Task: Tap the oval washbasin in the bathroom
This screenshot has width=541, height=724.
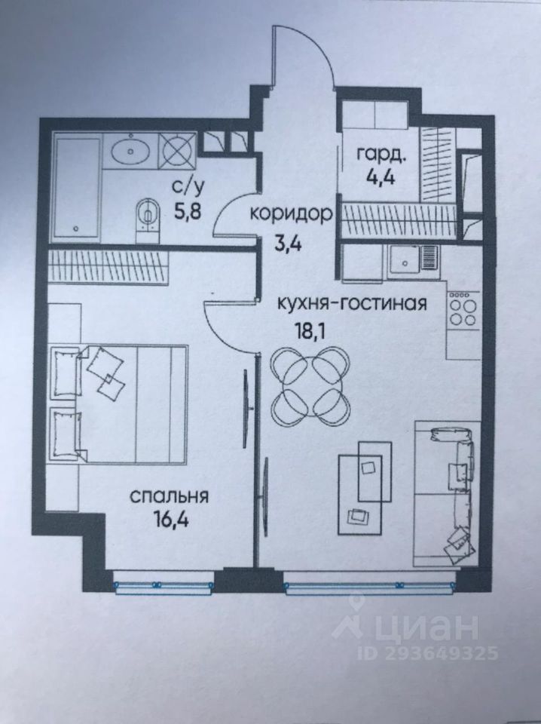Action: pyautogui.click(x=133, y=154)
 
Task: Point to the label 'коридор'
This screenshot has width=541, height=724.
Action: pyautogui.click(x=292, y=213)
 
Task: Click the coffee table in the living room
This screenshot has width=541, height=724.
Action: pyautogui.click(x=365, y=486)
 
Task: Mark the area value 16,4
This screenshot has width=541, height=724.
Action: pyautogui.click(x=169, y=522)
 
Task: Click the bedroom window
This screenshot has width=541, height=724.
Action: pyautogui.click(x=163, y=584)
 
